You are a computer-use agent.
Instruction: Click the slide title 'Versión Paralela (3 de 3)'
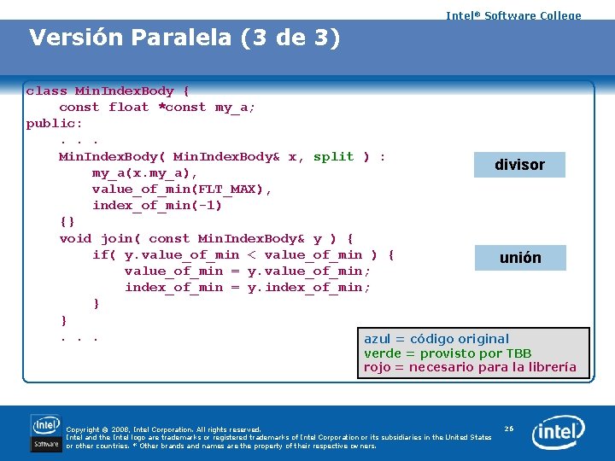click(x=184, y=38)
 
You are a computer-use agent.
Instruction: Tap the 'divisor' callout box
click(x=519, y=165)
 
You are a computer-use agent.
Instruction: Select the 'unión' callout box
click(x=520, y=258)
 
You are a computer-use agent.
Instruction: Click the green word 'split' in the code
click(x=333, y=156)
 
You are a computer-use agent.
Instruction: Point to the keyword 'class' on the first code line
click(x=46, y=90)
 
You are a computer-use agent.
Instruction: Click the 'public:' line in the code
click(x=55, y=123)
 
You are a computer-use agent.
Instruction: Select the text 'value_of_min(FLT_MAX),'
click(x=182, y=189)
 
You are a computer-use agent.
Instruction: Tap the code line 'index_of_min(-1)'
click(x=157, y=205)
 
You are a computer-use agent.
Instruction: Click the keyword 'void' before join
click(x=75, y=238)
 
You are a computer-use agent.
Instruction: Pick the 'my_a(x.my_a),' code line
click(x=145, y=172)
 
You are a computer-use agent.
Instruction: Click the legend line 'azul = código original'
click(x=436, y=339)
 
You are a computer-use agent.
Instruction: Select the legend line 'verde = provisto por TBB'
click(x=448, y=353)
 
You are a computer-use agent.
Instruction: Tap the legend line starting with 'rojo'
click(x=470, y=368)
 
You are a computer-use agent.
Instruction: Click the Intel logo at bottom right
click(x=559, y=433)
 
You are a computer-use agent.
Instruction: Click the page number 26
click(x=509, y=428)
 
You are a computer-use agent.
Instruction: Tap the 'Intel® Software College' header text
click(x=513, y=15)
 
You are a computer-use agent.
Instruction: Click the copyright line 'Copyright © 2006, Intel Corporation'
click(x=163, y=429)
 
